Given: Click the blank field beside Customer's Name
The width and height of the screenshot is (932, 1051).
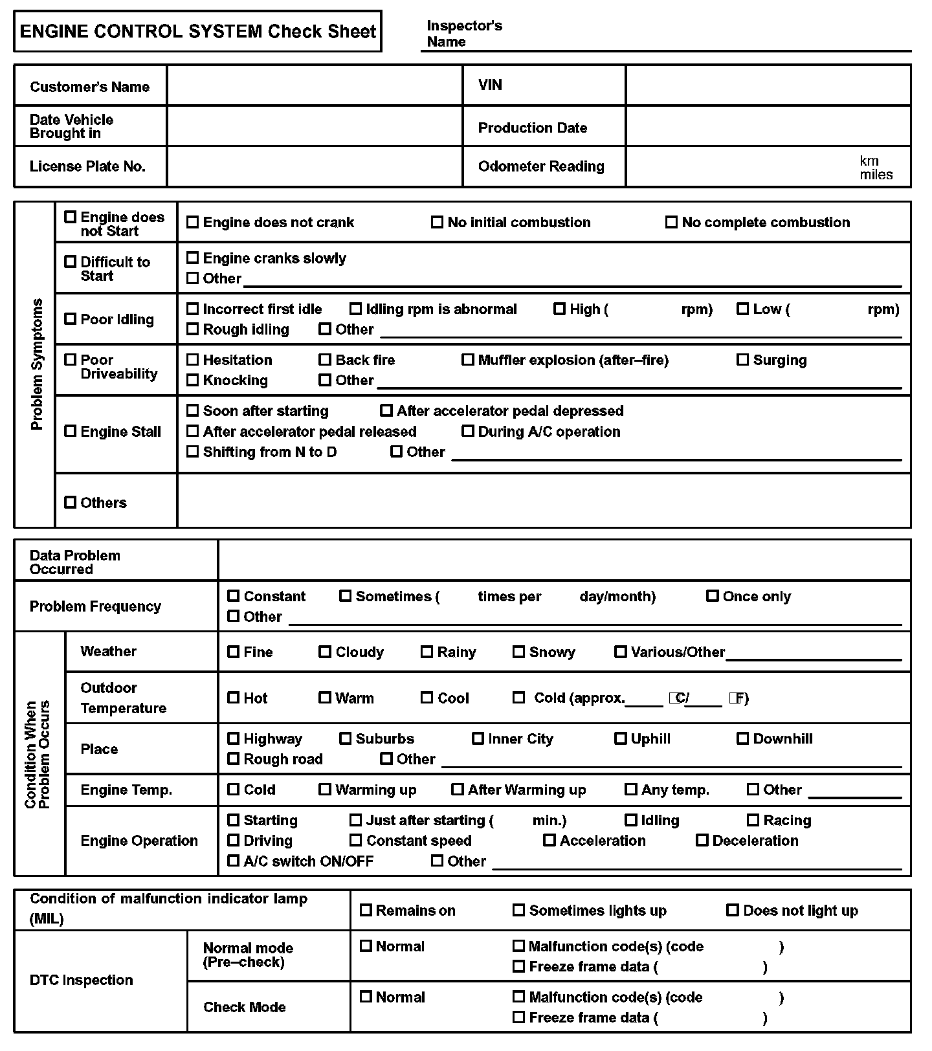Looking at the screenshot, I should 315,85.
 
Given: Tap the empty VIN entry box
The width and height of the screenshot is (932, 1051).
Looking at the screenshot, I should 768,85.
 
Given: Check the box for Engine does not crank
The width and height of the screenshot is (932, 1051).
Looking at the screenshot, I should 192,222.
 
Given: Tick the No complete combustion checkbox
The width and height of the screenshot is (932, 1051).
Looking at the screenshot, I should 671,222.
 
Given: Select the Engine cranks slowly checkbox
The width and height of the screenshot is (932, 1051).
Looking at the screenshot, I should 192,258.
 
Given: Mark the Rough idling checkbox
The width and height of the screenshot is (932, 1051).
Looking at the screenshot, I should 192,329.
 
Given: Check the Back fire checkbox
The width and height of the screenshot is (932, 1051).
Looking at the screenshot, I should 325,360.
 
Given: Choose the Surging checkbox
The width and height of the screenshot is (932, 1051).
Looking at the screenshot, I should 742,360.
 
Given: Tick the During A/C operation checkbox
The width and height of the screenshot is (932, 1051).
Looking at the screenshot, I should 467,431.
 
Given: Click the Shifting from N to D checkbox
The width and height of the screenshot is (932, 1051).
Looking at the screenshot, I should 192,452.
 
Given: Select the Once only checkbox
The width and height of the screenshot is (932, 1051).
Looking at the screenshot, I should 712,596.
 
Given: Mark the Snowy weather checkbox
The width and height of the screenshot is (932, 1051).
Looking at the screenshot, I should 518,652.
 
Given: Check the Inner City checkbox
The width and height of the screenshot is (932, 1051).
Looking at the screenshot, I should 478,738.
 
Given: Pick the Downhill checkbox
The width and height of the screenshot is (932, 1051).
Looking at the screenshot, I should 742,738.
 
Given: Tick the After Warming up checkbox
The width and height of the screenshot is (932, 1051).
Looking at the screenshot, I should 457,790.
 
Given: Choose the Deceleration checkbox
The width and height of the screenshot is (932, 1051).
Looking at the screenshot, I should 702,840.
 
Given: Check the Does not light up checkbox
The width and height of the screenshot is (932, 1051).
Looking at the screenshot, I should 732,910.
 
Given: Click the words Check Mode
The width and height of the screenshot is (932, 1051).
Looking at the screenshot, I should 244,1007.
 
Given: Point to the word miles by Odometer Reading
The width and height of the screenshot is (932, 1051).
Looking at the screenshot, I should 876,175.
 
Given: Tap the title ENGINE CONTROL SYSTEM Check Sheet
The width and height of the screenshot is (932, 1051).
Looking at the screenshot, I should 197,31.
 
